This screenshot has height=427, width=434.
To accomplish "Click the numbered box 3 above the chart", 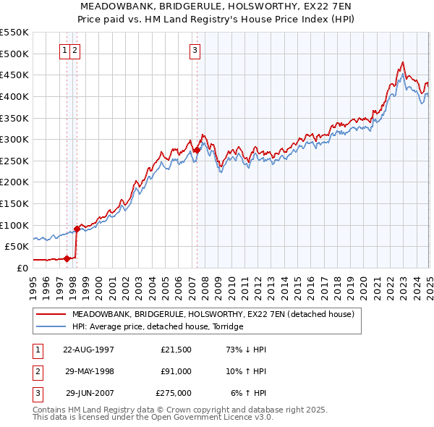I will (x=196, y=51).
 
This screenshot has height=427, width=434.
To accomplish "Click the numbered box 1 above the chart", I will (x=65, y=51).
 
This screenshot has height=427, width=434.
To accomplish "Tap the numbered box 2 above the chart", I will (x=75, y=51).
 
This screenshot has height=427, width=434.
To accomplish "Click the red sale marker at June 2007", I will (x=197, y=150).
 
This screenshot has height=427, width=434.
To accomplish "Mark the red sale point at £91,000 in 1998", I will (x=77, y=229).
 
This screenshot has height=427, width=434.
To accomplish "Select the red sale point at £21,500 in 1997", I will (x=67, y=258).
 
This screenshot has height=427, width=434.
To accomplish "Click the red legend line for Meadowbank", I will (x=50, y=315).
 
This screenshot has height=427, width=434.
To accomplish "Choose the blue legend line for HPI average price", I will (x=50, y=327).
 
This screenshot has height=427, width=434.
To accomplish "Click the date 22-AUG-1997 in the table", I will (x=88, y=350).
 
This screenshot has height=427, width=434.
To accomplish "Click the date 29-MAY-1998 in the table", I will (x=88, y=371).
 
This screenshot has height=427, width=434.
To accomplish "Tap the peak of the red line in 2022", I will (x=402, y=62).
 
